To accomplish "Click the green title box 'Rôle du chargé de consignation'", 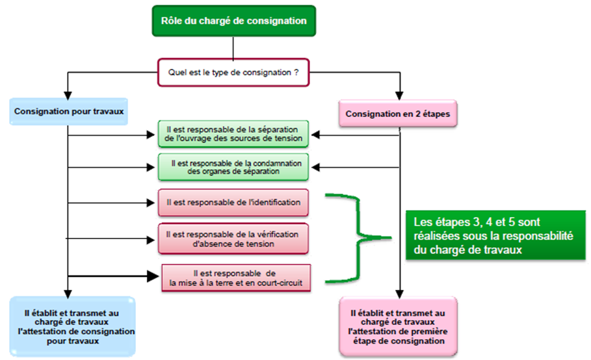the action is [233, 21].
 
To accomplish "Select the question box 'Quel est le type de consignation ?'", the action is [233, 72].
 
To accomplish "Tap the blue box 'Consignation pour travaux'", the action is [69, 112].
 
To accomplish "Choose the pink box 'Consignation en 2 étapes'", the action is [398, 114].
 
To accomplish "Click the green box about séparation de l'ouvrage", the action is [233, 134].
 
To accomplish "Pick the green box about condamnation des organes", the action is [233, 167].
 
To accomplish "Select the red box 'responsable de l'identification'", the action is [233, 203].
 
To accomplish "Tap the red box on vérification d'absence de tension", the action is [233, 238].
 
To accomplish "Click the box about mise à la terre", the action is [236, 278].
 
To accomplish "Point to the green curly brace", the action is [358, 238].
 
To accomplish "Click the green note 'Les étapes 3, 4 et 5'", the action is [495, 236].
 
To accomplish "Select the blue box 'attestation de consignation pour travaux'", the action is [72, 326].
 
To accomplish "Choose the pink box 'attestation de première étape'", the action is [398, 326].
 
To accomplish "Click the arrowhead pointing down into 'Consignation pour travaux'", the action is [68, 96].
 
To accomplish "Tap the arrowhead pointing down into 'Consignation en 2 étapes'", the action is [400, 96].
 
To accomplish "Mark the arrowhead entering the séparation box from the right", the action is [315, 135].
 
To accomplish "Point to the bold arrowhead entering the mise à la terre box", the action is [153, 276].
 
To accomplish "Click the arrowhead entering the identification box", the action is [151, 203].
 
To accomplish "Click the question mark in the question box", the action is [296, 72].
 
